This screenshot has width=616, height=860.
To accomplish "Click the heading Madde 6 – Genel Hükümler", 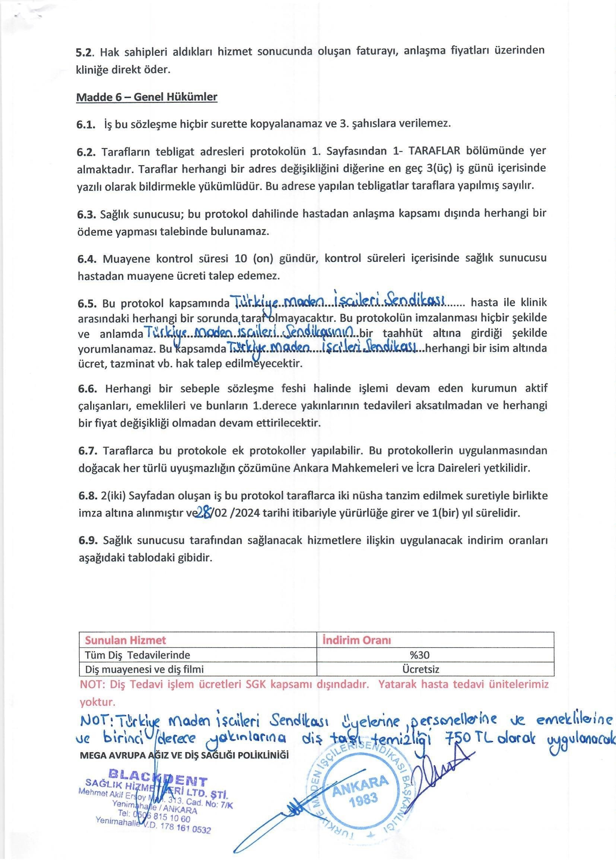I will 147,97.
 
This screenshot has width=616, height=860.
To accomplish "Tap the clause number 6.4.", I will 88,259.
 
